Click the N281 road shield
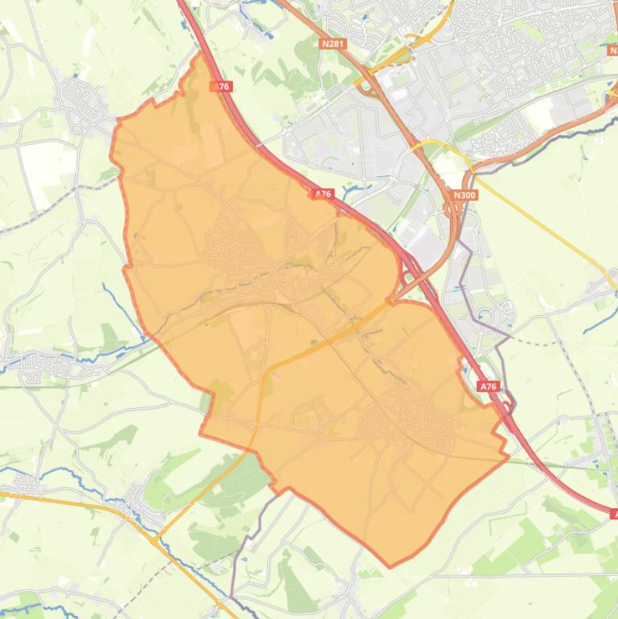[x=333, y=43]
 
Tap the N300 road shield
[x=464, y=195]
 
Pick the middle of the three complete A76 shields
[x=323, y=194]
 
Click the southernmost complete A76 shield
[x=488, y=387]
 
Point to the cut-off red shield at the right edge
[x=614, y=513]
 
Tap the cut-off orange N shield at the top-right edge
[x=614, y=50]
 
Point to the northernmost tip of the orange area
[x=198, y=55]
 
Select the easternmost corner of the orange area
[x=508, y=457]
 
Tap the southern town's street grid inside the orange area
[x=402, y=422]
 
